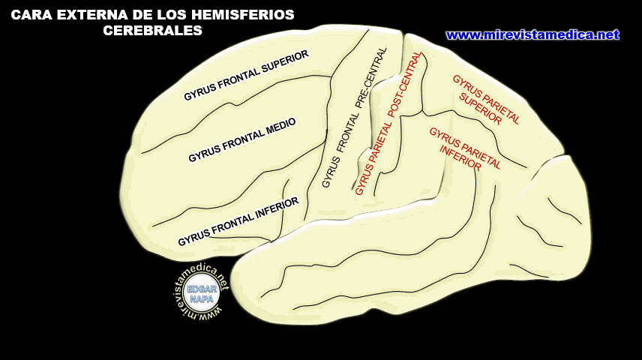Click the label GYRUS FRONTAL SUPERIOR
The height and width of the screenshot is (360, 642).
pyautogui.click(x=247, y=76)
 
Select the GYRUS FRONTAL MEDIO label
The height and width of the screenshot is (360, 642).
pyautogui.click(x=242, y=140)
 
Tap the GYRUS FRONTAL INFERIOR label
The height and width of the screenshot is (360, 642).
pyautogui.click(x=238, y=221)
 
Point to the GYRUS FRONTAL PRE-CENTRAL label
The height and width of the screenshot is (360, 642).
pyautogui.click(x=354, y=118)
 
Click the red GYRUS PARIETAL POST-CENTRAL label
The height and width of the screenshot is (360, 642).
pyautogui.click(x=388, y=124)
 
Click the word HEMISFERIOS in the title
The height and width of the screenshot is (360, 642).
pyautogui.click(x=247, y=15)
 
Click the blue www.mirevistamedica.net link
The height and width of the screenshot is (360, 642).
pyautogui.click(x=532, y=34)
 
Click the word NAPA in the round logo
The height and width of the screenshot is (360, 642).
pyautogui.click(x=202, y=299)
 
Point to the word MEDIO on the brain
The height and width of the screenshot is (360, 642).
pyautogui.click(x=279, y=127)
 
